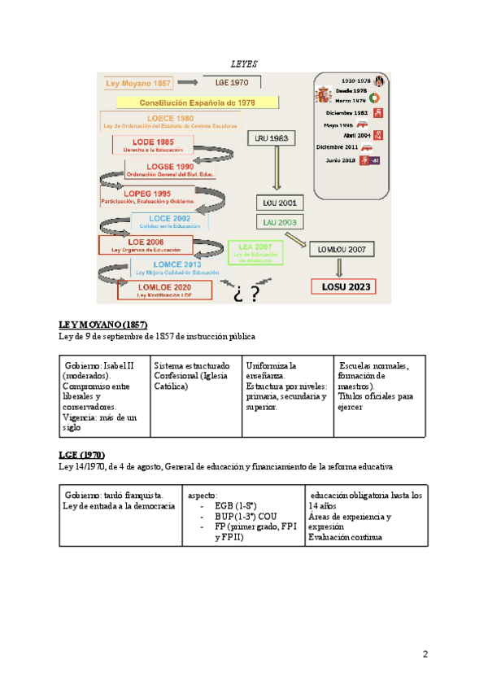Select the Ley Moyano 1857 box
(137, 82)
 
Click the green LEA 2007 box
(255, 251)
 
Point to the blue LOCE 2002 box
(169, 221)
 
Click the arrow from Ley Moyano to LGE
(187, 82)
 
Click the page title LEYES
(244, 63)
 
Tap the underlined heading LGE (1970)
(81, 455)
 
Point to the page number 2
(425, 654)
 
